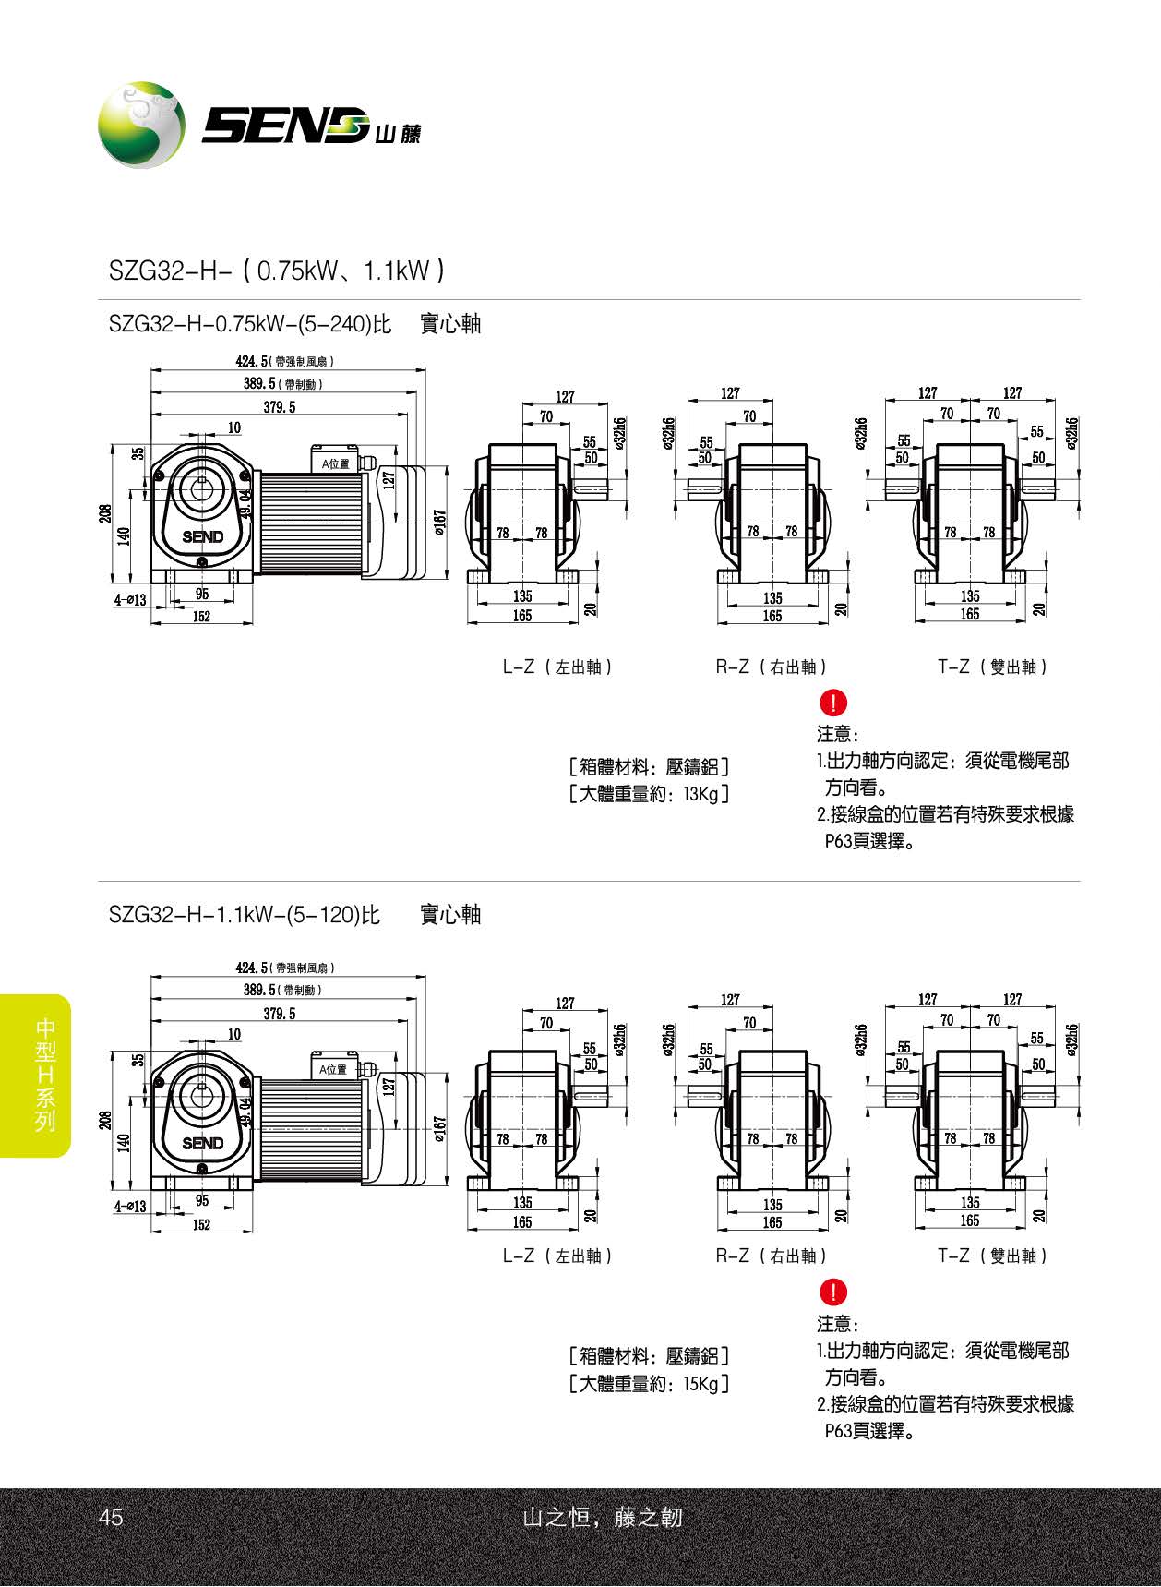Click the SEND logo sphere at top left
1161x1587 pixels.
[x=141, y=126]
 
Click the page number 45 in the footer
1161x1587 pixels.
[x=110, y=1517]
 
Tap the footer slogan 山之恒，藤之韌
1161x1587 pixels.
[x=602, y=1517]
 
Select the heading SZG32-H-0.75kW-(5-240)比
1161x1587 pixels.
[x=250, y=324]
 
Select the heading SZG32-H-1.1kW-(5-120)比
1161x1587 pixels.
[x=244, y=915]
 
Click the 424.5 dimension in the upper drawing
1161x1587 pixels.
[x=251, y=361]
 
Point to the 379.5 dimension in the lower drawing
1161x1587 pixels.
[x=279, y=1014]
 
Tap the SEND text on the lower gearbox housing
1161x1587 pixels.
[x=202, y=1143]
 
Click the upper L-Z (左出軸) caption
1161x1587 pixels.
[x=557, y=667]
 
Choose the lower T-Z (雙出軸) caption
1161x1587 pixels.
[x=992, y=1256]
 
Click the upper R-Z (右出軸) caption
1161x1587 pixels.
[x=772, y=667]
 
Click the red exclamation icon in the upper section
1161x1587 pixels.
[x=832, y=703]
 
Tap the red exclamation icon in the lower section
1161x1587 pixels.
[x=832, y=1292]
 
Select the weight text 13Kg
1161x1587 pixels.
[x=701, y=794]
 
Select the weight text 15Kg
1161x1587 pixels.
[x=701, y=1383]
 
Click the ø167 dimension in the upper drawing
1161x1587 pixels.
[x=440, y=523]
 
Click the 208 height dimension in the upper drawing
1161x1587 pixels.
[x=105, y=513]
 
